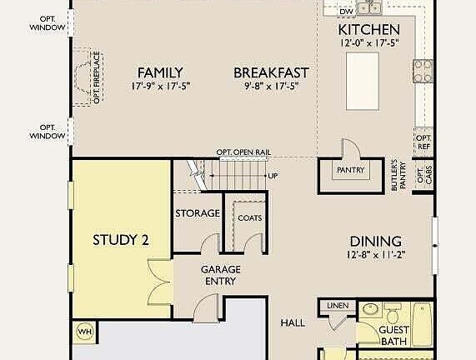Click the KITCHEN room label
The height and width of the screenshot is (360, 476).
tap(368, 29)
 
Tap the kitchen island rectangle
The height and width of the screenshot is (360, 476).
tap(363, 81)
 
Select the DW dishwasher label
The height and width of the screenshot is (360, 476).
tap(347, 12)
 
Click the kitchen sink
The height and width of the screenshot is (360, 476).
tap(369, 7)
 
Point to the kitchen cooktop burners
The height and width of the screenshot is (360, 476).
tap(423, 72)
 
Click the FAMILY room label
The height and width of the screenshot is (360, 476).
tap(160, 72)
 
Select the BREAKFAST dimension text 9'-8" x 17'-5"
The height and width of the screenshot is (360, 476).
tap(272, 86)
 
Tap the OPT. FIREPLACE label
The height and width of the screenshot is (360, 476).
tap(97, 77)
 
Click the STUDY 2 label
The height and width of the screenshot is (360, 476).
tap(121, 240)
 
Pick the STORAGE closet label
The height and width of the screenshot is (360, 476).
tap(198, 213)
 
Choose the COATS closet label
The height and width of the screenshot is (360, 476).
tap(250, 218)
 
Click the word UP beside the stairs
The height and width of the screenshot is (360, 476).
tap(273, 176)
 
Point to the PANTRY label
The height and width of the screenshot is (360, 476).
tap(351, 170)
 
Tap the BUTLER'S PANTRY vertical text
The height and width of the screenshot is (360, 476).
tap(398, 175)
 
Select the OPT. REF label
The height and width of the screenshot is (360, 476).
tap(423, 142)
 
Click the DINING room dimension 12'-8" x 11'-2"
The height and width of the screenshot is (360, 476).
tap(376, 255)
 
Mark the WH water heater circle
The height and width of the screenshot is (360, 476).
tap(85, 332)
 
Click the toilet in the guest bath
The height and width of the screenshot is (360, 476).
tap(393, 313)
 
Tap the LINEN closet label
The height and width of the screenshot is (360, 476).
tap(338, 305)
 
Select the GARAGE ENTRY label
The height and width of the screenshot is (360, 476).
tap(221, 275)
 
